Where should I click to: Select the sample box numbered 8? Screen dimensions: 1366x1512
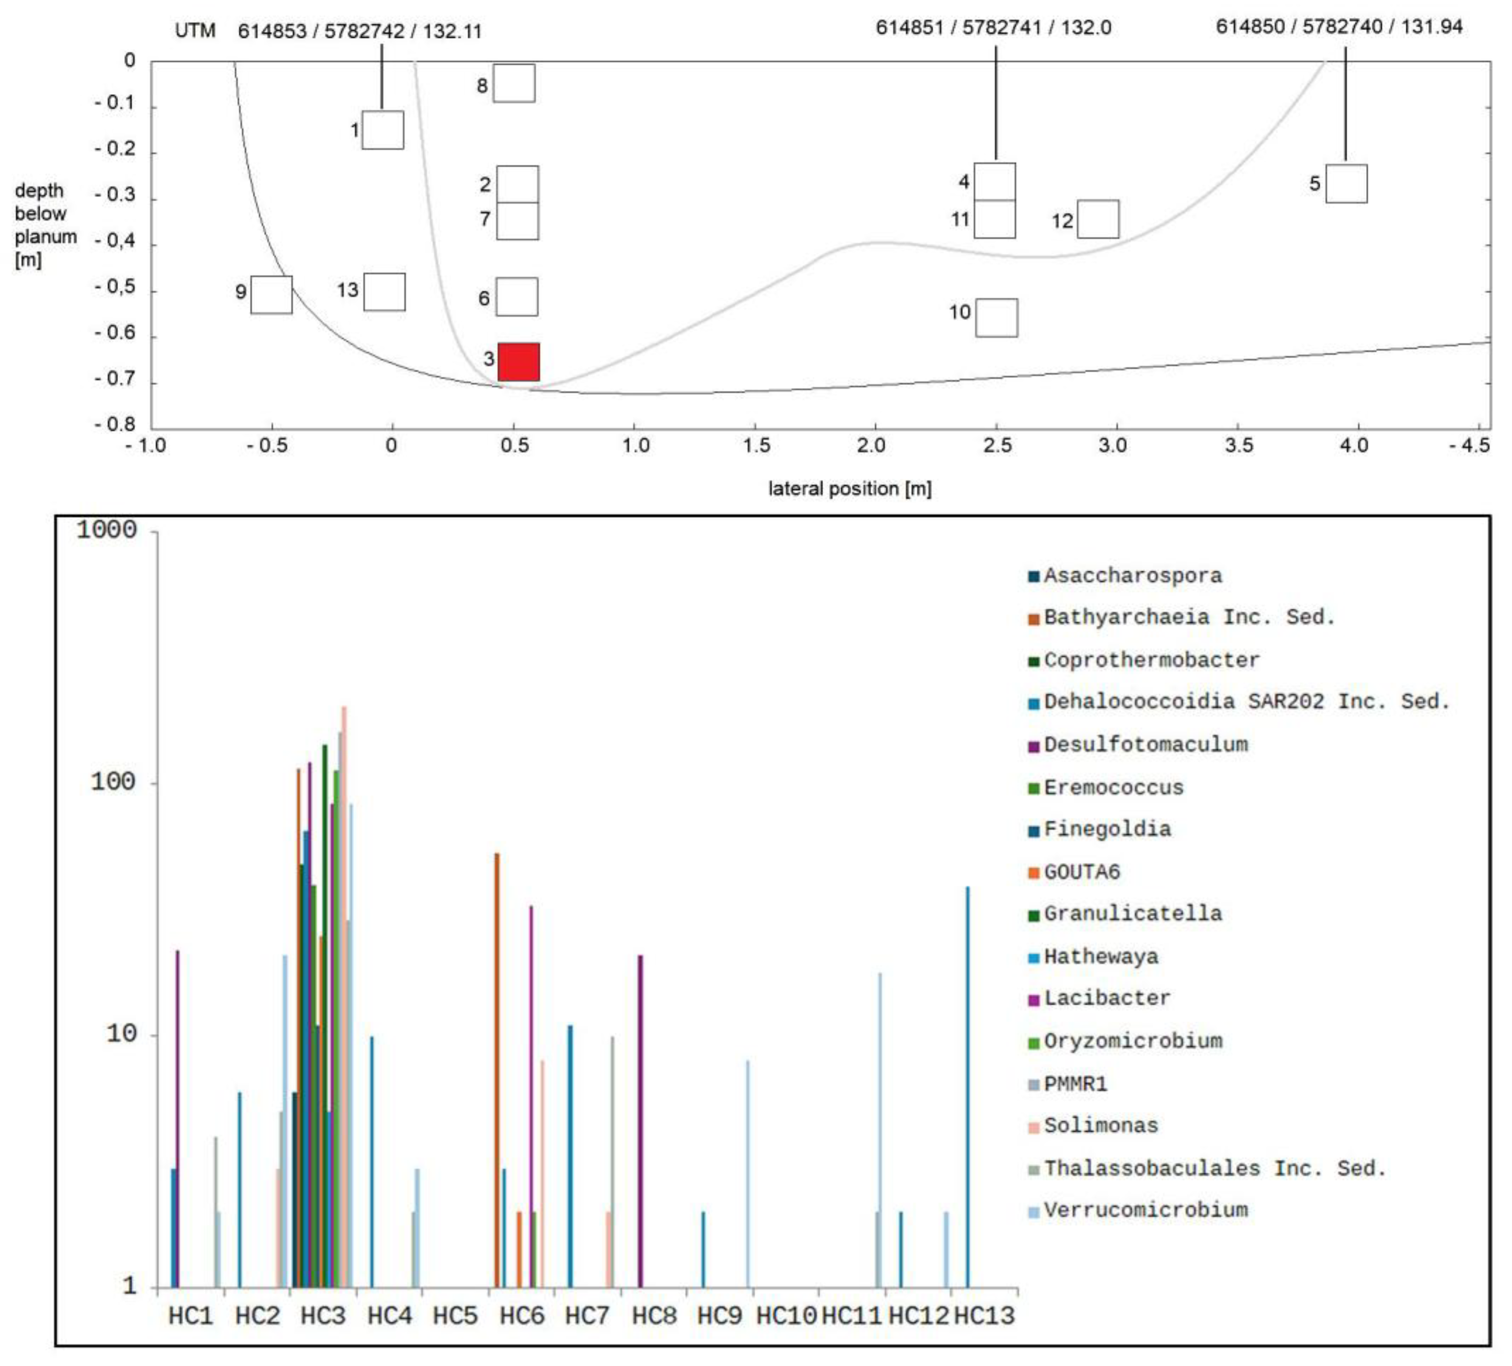coord(514,83)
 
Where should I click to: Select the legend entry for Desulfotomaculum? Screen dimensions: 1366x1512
coord(1145,745)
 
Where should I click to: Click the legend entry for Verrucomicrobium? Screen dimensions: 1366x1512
coord(1145,1210)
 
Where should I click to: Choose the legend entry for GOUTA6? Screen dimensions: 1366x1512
coord(1081,872)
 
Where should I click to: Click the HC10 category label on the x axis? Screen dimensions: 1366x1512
coord(785,1316)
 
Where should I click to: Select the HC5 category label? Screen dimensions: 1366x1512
coord(455,1316)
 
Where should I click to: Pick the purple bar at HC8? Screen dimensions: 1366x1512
coord(640,1121)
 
